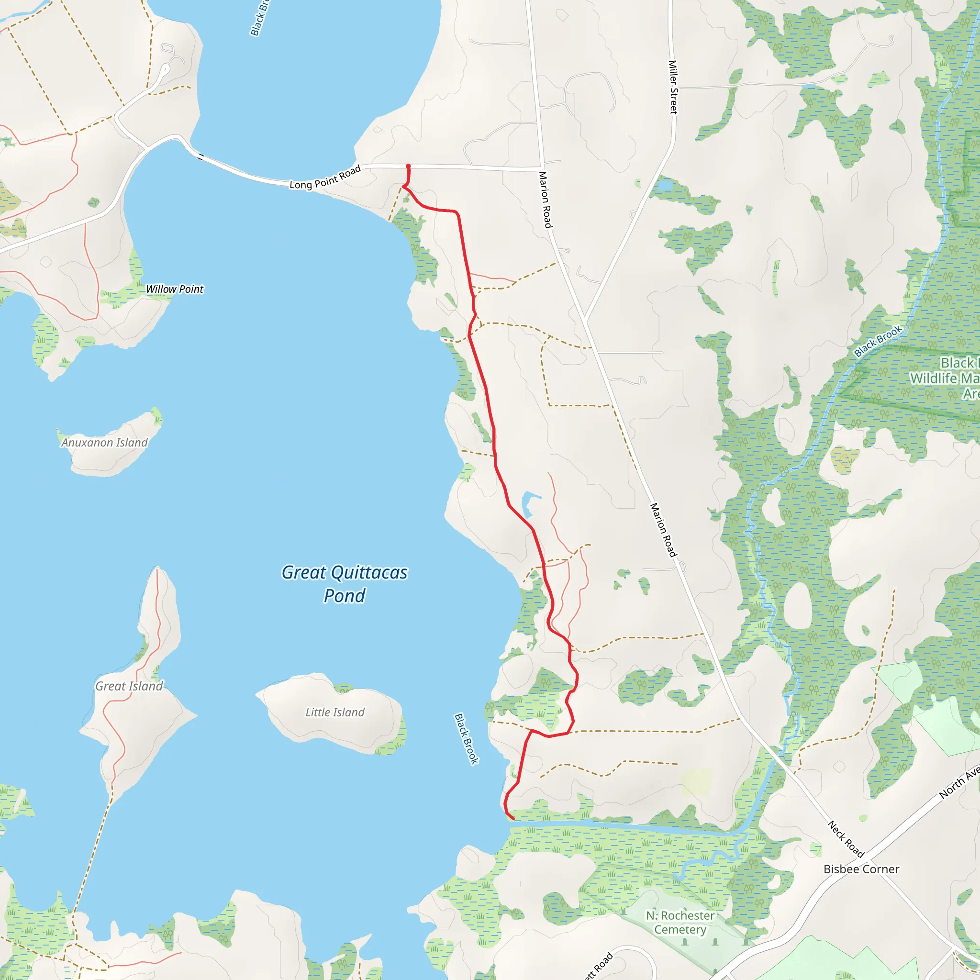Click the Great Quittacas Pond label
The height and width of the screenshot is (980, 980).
coord(345,584)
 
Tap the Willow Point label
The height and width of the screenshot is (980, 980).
coord(175,289)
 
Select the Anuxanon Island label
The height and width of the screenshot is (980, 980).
coord(104,442)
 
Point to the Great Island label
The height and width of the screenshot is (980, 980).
coord(129,686)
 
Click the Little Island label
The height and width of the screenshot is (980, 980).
coord(335,712)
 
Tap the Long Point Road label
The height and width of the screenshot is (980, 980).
coord(325,177)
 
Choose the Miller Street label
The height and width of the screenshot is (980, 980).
coord(673,87)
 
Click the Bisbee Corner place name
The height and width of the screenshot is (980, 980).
coord(861,869)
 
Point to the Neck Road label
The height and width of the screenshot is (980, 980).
coord(846,839)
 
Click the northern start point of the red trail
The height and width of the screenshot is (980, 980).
coord(408,167)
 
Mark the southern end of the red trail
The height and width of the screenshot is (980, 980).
coord(513,818)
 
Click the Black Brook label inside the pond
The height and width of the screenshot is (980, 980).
coord(466,738)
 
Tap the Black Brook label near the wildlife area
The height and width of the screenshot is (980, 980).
coord(878,341)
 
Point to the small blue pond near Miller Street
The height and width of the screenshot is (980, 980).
coord(662,186)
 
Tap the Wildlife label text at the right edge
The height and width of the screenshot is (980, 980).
coord(944,379)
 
